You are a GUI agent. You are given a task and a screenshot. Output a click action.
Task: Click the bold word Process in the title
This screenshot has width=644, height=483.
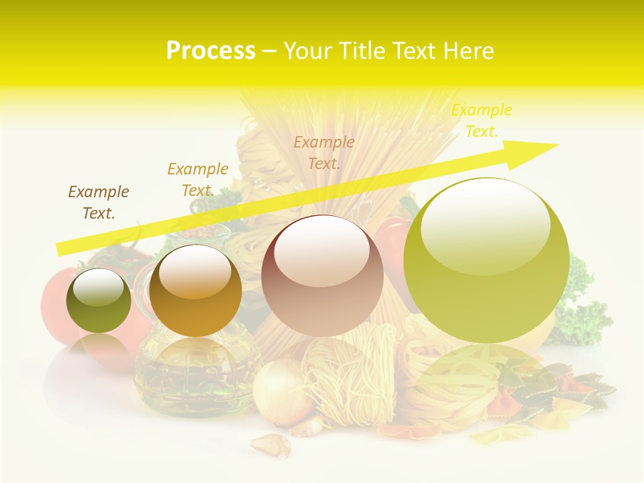pyautogui.click(x=211, y=51)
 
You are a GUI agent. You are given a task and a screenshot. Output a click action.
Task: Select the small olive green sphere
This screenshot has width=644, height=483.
pyautogui.click(x=99, y=301)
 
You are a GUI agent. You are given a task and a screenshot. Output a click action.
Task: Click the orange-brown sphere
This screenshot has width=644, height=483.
pyautogui.click(x=195, y=291)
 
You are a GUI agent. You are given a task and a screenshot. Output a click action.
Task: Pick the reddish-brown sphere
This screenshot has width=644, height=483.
pyautogui.click(x=322, y=276)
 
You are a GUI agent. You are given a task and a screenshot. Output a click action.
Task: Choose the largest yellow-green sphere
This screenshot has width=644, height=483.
pyautogui.click(x=486, y=261)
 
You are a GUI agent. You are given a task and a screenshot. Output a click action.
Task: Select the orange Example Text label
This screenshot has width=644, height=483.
pyautogui.click(x=198, y=179)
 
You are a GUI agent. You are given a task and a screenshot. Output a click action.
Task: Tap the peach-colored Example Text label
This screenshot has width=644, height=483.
pyautogui.click(x=324, y=152)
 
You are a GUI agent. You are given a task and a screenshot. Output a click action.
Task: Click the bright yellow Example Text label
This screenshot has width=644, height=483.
pyautogui.click(x=481, y=121)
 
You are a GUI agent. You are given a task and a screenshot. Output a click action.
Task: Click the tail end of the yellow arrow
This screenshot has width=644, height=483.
pyautogui.click(x=61, y=248)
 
